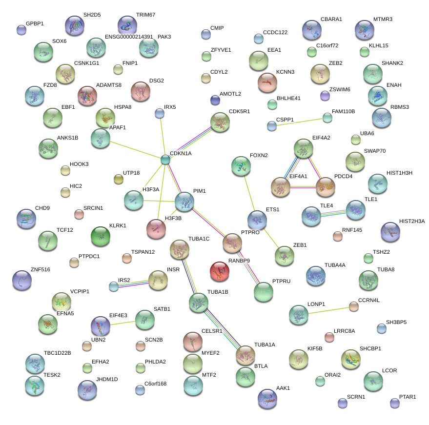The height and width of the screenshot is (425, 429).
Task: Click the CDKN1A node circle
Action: pyautogui.click(x=165, y=159)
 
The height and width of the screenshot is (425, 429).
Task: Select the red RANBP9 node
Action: pyautogui.click(x=220, y=272)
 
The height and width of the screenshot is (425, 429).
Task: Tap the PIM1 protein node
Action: pyautogui.click(x=184, y=201)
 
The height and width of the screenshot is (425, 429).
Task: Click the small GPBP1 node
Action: pyautogui.click(x=21, y=30)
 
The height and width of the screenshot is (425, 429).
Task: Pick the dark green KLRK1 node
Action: pyautogui.click(x=101, y=236)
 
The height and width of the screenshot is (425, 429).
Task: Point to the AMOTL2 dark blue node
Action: pyautogui.click(x=215, y=100)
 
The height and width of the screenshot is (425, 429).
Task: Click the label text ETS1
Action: pyautogui.click(x=272, y=210)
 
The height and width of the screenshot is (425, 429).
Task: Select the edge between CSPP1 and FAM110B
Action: pyautogui.click(x=299, y=121)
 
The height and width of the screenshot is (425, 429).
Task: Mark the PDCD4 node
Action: pyautogui.click(x=326, y=187)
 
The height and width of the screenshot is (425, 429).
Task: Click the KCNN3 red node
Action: pyautogui.click(x=267, y=83)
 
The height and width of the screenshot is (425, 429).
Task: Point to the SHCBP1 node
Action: pyautogui.click(x=350, y=359)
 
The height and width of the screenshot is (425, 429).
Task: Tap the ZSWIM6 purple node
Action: pyautogui.click(x=325, y=96)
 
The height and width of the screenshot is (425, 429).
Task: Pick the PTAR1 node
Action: pyautogui.click(x=395, y=403)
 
